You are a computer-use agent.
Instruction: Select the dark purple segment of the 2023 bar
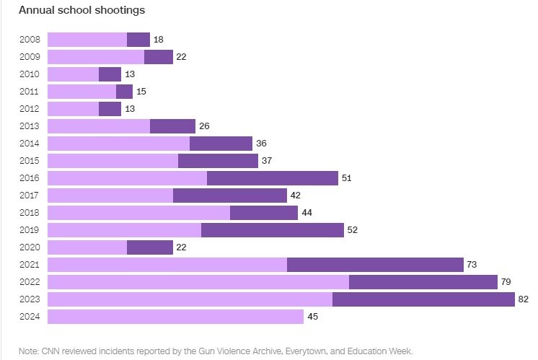pos(423,299)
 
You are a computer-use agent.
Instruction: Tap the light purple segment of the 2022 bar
pos(198,282)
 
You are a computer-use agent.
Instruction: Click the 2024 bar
pos(175,317)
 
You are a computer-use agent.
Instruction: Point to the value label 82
pos(524,299)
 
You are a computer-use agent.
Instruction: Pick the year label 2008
pos(30,40)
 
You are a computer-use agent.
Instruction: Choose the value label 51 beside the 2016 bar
pos(347,178)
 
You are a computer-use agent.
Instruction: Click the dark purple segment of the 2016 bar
pos(273,178)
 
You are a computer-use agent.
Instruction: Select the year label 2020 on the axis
pos(30,247)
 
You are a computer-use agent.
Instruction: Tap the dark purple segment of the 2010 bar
pos(110,74)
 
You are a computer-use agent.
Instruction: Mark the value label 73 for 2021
pos(472,265)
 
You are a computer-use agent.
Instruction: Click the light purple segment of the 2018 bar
pos(138,213)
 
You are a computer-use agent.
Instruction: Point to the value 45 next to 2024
pos(312,317)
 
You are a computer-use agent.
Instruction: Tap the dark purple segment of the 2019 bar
pos(273,230)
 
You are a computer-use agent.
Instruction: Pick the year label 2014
pos(30,144)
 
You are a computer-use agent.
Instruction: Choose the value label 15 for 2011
pos(141,92)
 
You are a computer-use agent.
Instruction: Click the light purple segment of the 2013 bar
pos(99,126)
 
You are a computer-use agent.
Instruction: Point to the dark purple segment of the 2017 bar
pos(230,196)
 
